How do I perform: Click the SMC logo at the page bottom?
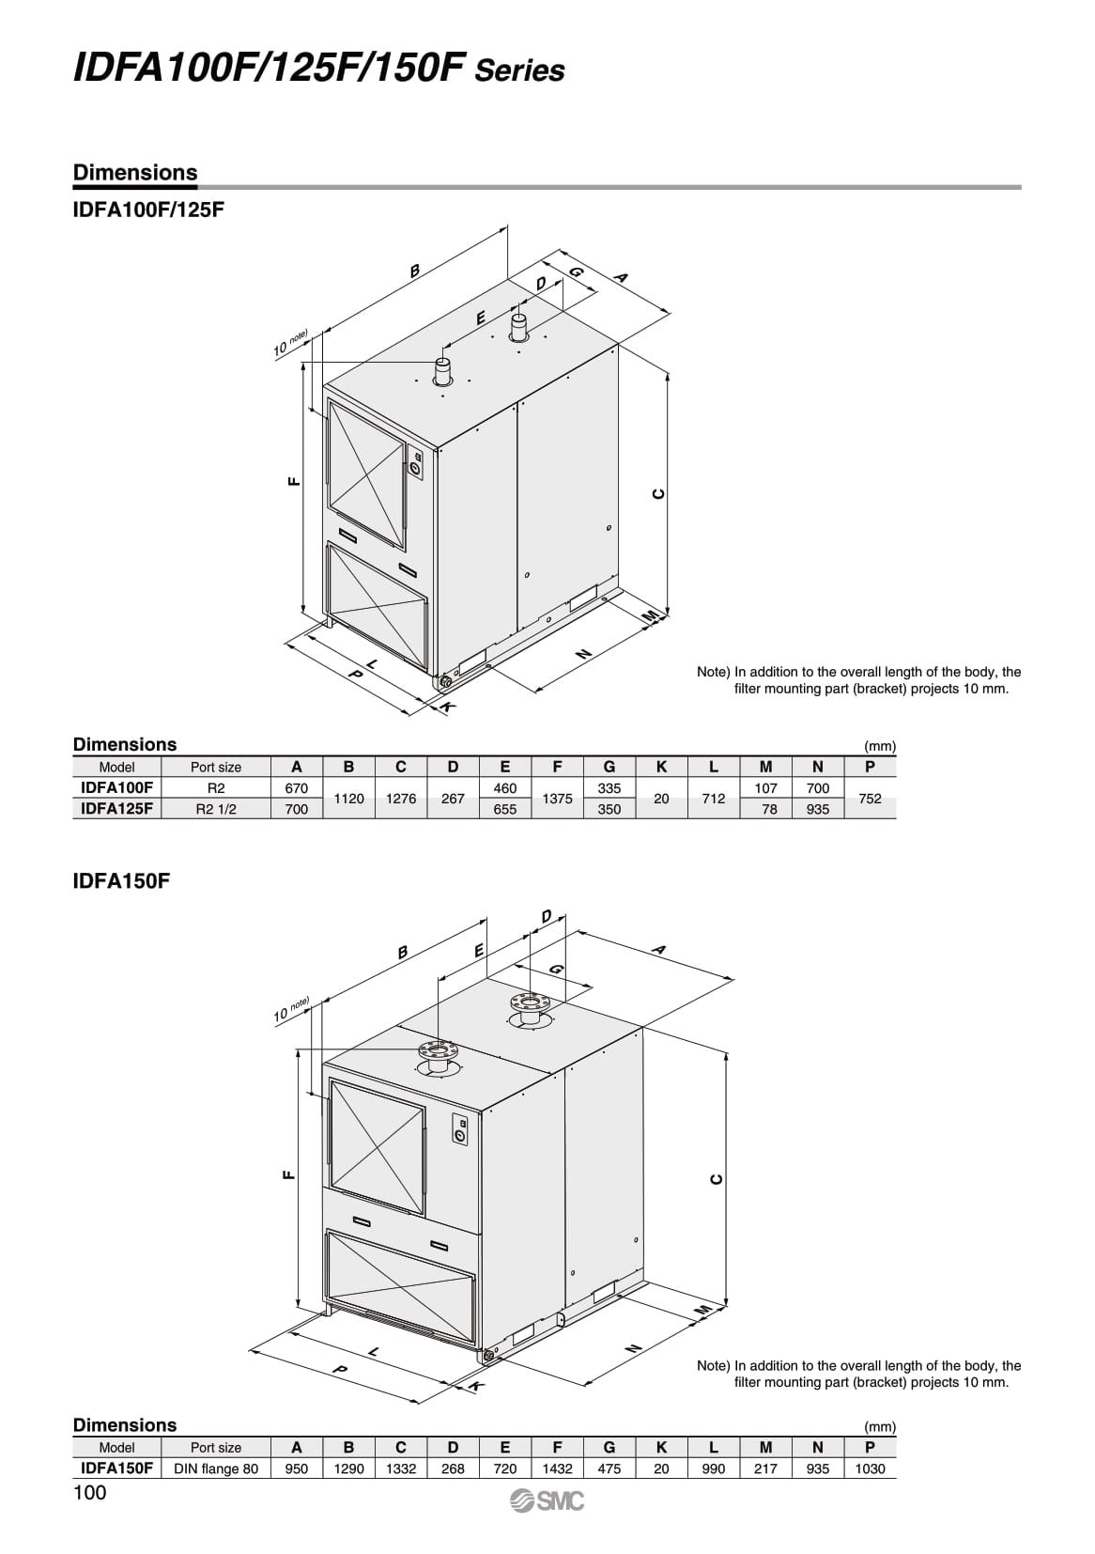547,1501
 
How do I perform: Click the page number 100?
90,1493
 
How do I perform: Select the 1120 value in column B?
348,799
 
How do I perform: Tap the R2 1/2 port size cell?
215,809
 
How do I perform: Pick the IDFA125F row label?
116,809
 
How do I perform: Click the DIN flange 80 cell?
215,1469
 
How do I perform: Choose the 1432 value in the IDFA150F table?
557,1469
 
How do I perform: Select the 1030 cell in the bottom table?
870,1469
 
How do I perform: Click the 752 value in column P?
870,799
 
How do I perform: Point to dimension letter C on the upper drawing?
658,494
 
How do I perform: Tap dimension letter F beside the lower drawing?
288,1173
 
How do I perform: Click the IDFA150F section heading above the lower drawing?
120,882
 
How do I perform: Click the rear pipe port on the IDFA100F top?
518,328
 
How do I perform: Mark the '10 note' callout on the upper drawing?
291,346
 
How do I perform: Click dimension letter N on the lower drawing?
632,1347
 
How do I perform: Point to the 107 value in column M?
766,788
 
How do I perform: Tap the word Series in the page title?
520,70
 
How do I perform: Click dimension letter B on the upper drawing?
414,271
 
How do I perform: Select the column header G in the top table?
609,767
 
